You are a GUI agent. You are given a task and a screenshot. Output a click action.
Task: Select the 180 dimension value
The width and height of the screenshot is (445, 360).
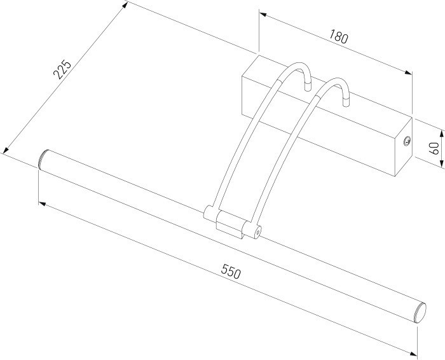tap(338, 38)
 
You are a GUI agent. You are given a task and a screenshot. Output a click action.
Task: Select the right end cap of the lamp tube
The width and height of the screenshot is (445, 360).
tap(418, 312)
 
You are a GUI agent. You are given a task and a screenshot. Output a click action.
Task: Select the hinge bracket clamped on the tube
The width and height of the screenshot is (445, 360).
tap(230, 224)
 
